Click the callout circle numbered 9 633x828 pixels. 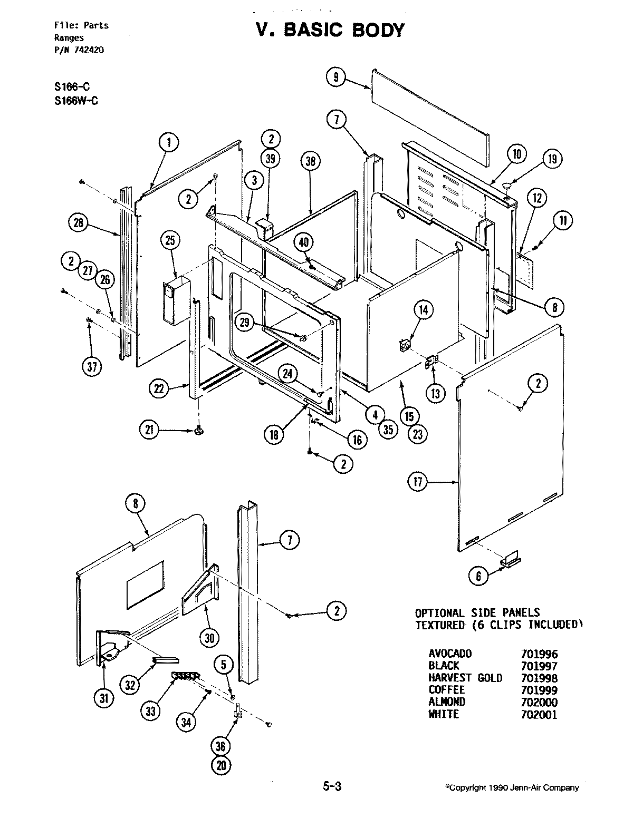[335, 77]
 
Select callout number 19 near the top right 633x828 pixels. [552, 160]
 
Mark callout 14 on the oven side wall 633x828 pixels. [423, 310]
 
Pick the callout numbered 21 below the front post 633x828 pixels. [149, 430]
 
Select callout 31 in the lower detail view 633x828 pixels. [104, 699]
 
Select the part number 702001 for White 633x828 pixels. [539, 715]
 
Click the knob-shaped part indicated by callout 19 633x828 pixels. [507, 186]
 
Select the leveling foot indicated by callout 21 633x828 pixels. [198, 432]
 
